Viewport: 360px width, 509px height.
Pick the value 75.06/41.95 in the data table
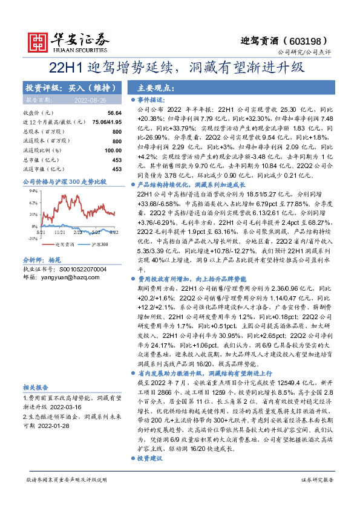(x=105, y=122)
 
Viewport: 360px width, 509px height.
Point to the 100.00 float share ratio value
(x=113, y=150)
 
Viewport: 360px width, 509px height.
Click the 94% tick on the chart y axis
(x=34, y=189)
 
